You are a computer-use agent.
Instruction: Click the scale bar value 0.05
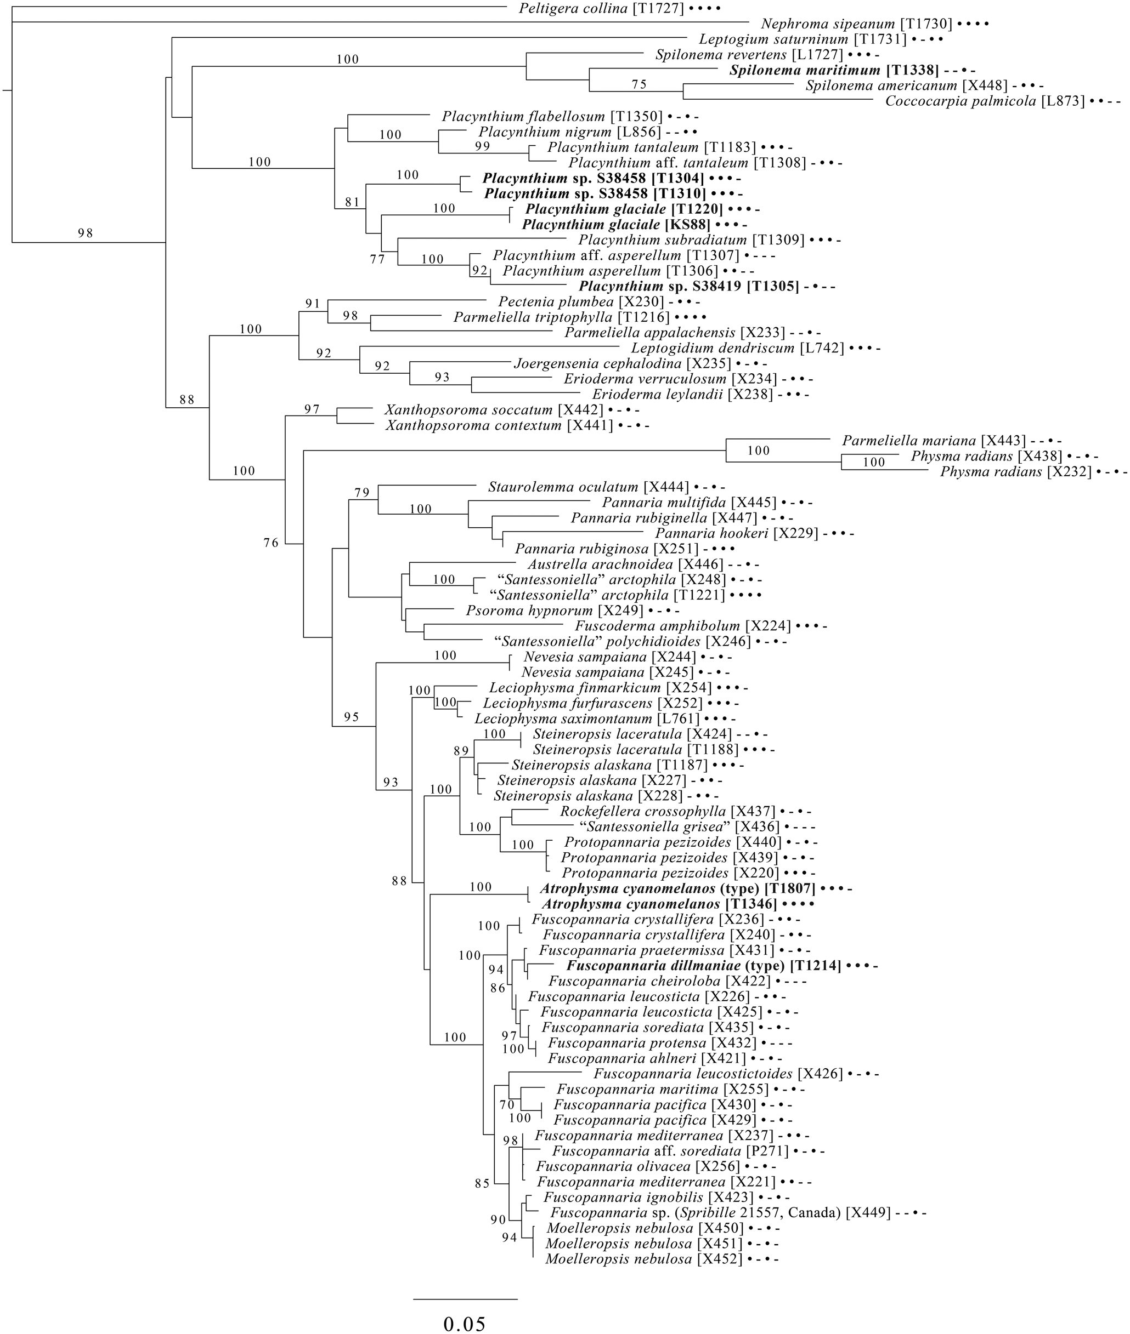tap(465, 1319)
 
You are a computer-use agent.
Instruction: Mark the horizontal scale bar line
tap(465, 1293)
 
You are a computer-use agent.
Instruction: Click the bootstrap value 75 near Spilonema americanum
tap(639, 84)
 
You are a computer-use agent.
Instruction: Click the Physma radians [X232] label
tap(1015, 472)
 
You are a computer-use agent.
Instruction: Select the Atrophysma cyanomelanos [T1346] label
tap(659, 904)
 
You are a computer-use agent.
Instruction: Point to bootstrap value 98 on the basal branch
tap(85, 233)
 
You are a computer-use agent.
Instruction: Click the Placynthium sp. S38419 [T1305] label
tap(690, 287)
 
